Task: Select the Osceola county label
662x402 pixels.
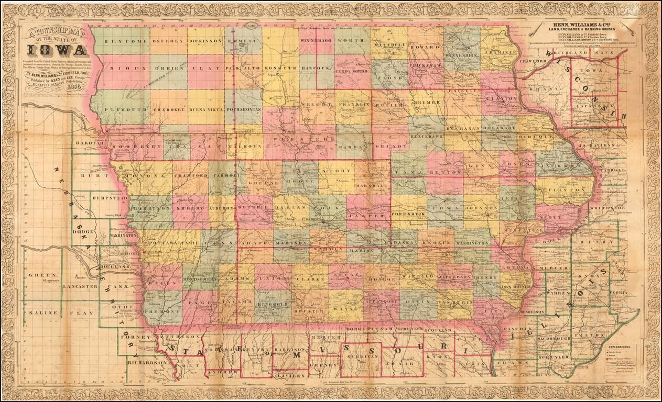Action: pyautogui.click(x=168, y=41)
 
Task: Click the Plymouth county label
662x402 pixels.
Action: pyautogui.click(x=126, y=109)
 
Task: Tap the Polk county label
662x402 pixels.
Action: pyautogui.click(x=325, y=207)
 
